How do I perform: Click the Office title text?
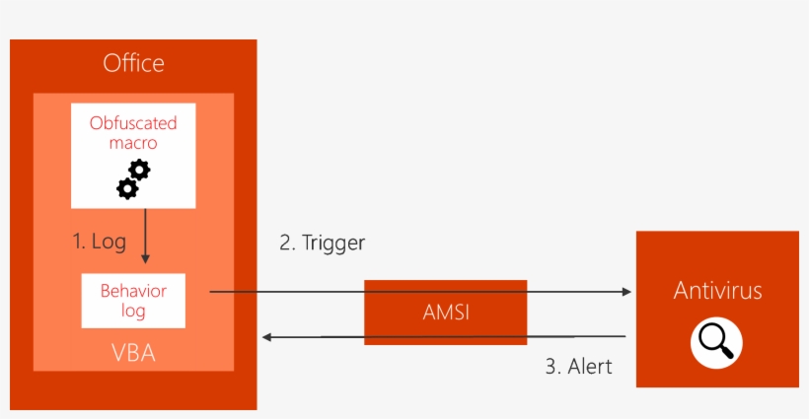(133, 64)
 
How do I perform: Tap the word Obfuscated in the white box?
(133, 123)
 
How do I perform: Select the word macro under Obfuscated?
(133, 143)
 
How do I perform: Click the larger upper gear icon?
(139, 170)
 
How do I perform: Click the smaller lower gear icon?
(126, 187)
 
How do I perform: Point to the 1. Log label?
(99, 241)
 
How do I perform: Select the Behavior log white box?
(133, 301)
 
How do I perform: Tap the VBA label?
(133, 352)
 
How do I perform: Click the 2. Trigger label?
(323, 243)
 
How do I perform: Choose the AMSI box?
(445, 312)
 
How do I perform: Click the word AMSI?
(445, 313)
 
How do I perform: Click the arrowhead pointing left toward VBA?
(267, 337)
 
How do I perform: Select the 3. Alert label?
(578, 367)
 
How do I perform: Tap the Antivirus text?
(717, 291)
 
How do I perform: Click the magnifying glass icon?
(716, 342)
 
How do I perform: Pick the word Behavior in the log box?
(133, 291)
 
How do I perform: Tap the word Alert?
(589, 367)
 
